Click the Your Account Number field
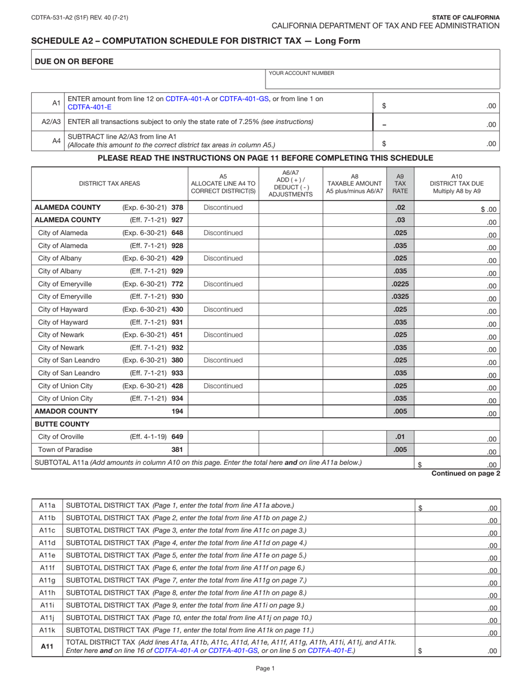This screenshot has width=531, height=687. click(382, 81)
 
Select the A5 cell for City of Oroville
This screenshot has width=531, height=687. click(224, 437)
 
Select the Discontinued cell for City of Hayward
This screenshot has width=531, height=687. click(224, 309)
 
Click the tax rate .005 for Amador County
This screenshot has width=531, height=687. click(400, 412)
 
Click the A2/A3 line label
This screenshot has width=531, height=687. click(48, 122)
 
